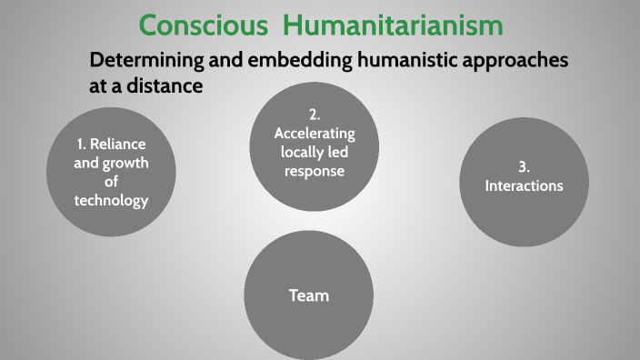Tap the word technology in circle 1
(x=111, y=201)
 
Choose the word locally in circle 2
(x=298, y=152)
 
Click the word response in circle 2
(x=314, y=170)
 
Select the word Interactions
(x=524, y=185)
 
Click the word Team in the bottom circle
(x=308, y=295)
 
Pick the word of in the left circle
(x=111, y=182)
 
